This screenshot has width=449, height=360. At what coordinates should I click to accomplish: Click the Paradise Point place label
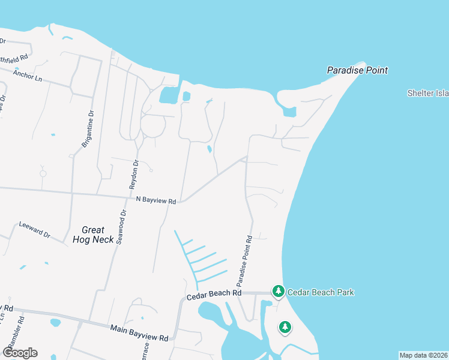click(357, 70)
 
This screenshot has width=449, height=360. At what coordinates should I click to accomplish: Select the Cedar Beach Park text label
click(321, 293)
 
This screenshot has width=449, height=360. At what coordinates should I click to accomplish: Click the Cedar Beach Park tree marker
click(278, 292)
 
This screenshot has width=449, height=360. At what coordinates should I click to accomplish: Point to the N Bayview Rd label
click(155, 200)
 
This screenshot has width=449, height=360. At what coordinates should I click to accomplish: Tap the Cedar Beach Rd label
click(213, 293)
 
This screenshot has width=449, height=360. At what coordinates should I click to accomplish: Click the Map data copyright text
click(423, 355)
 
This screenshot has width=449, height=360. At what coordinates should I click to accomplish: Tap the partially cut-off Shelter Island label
click(428, 93)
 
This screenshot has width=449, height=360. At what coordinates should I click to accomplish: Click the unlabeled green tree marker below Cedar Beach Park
click(285, 328)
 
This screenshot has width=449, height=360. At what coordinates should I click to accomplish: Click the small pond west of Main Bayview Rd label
click(55, 323)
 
